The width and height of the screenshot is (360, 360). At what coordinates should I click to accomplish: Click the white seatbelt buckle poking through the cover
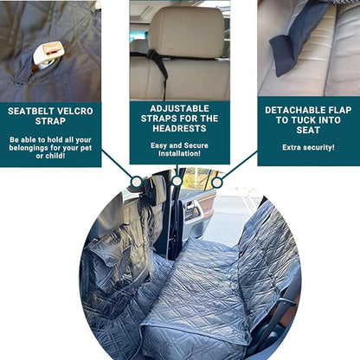point(48,55)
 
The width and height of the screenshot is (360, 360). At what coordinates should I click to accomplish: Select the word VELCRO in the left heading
point(75,112)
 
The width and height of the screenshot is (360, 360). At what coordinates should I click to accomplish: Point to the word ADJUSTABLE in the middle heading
point(179,109)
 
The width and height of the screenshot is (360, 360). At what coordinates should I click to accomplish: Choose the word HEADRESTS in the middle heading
point(179,128)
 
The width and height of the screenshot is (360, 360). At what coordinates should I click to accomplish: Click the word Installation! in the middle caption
point(179,153)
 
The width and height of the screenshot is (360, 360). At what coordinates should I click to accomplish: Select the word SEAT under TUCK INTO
point(308,130)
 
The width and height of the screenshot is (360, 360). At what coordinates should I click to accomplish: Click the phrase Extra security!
point(308,147)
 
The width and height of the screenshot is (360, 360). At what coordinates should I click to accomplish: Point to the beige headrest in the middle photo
point(187,32)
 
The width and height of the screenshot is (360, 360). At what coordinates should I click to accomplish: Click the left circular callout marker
point(136,182)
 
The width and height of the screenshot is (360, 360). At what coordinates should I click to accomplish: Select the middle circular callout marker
point(177,181)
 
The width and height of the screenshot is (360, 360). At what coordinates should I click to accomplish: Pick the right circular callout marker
point(216,183)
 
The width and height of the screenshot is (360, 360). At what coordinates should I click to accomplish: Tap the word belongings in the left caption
point(28,148)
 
